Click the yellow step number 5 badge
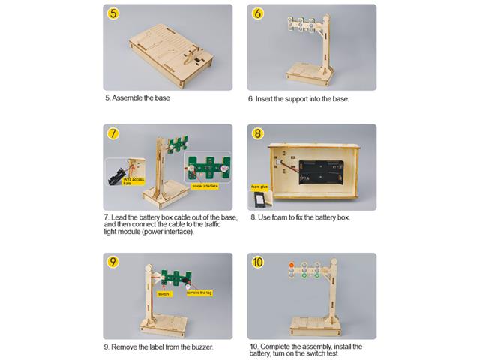coord(113,13)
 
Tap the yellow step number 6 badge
coord(257,13)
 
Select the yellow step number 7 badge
coord(113,134)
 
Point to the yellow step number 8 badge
coord(257,134)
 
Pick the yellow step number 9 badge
coord(113,262)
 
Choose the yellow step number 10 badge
coord(257,262)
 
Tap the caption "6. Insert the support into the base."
coord(298,98)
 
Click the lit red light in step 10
coord(291,265)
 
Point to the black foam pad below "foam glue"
coord(261,198)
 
